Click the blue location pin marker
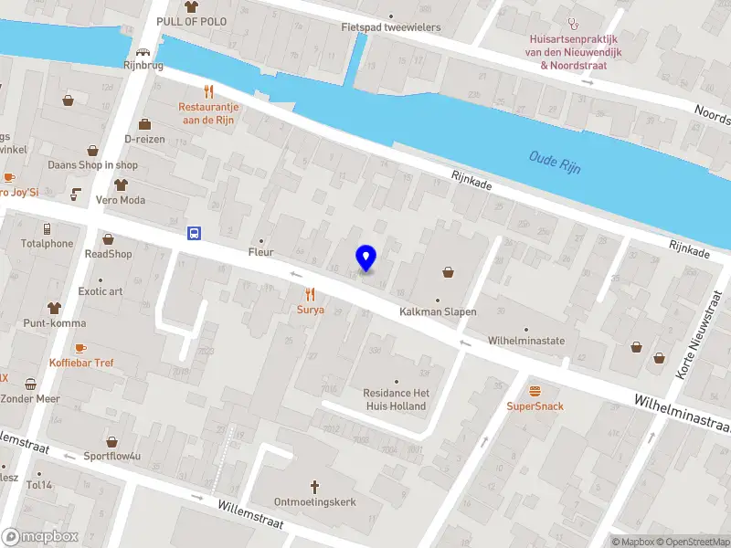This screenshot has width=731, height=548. (366, 258)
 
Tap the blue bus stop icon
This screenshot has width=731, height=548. (195, 233)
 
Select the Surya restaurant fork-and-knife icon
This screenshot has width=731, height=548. (310, 294)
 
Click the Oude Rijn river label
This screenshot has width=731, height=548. (555, 163)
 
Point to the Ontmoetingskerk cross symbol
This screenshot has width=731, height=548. (315, 486)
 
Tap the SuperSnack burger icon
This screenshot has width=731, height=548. (535, 390)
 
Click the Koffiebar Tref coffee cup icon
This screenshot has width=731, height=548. (80, 348)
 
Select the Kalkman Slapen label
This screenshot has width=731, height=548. (438, 311)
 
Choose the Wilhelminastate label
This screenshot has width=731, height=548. (526, 341)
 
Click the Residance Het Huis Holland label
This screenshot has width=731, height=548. (396, 399)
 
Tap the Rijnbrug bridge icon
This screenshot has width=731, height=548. (143, 52)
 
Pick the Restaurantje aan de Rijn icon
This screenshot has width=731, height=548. (208, 90)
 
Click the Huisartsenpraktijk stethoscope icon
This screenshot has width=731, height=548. (573, 24)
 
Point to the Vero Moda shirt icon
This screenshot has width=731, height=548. (120, 184)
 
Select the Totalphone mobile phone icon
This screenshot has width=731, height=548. (47, 228)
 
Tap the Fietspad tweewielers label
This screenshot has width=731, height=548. (391, 27)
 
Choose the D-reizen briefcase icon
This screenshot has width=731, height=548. (143, 124)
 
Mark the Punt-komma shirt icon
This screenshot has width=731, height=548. (54, 308)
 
